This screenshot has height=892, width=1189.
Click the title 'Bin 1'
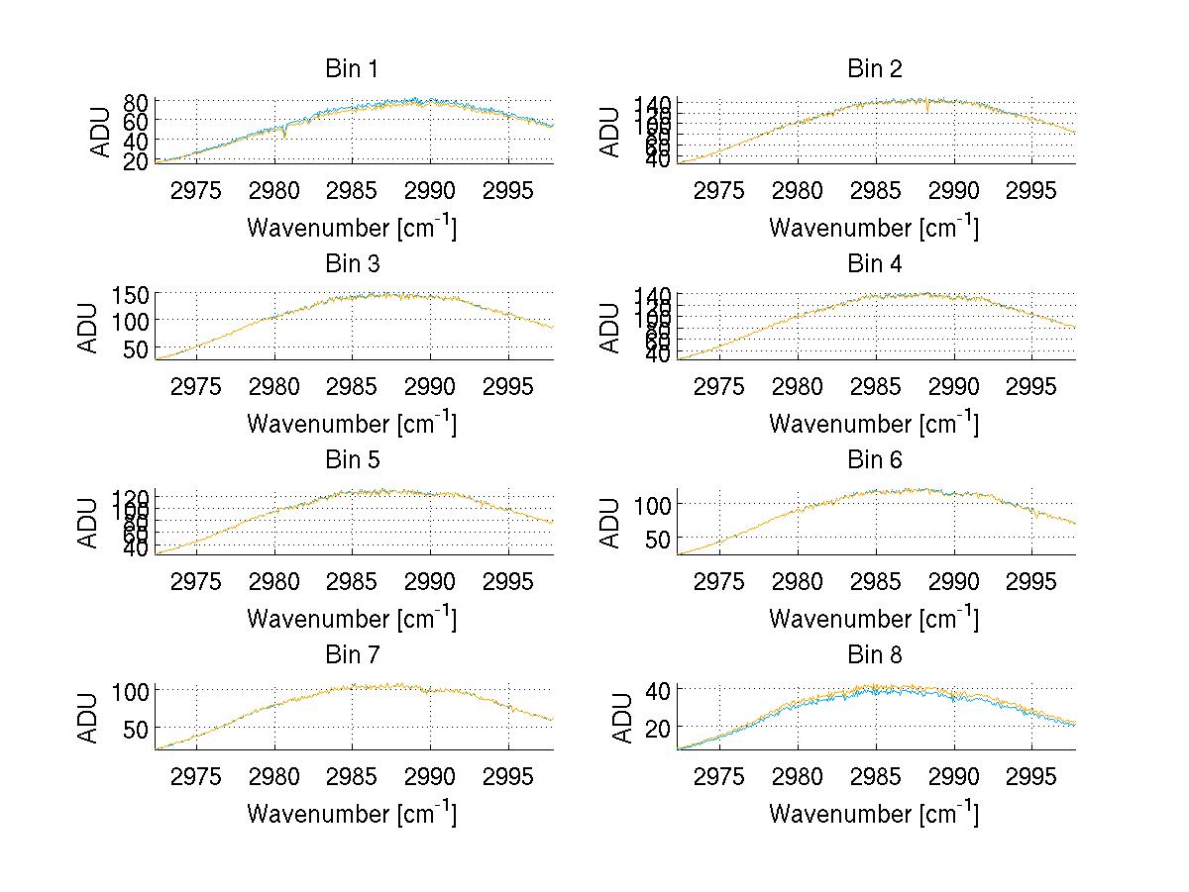point(351,69)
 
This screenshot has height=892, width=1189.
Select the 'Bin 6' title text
point(874,460)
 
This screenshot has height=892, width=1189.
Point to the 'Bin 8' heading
point(874,655)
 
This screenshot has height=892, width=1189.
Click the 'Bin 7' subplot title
point(351,655)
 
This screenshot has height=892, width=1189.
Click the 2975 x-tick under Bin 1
point(196,190)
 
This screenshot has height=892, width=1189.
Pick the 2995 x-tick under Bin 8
point(1031,776)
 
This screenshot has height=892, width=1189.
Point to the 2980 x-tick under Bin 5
point(274,581)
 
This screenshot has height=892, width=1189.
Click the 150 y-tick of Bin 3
point(137,295)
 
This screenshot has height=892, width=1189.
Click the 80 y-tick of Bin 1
point(137,102)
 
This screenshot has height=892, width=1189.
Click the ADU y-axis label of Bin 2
point(610,131)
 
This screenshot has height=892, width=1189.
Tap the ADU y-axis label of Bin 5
point(88,522)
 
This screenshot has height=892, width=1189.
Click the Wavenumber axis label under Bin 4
point(874,423)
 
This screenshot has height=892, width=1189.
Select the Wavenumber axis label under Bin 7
point(351,813)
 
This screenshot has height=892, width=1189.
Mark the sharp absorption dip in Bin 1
point(285,136)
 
